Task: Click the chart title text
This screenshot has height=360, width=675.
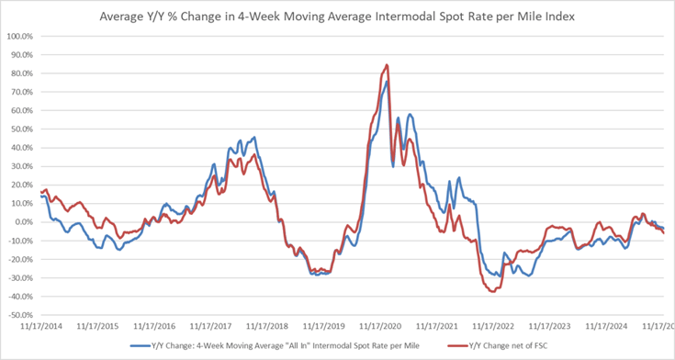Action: [x=338, y=15]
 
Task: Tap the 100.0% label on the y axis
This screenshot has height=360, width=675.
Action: [x=19, y=37]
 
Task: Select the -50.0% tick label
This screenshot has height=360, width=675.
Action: [x=19, y=315]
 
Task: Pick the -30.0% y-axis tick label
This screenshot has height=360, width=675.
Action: [x=19, y=278]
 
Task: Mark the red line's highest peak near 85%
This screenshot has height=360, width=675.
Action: [x=387, y=64]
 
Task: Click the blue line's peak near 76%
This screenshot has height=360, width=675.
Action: [x=387, y=81]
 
